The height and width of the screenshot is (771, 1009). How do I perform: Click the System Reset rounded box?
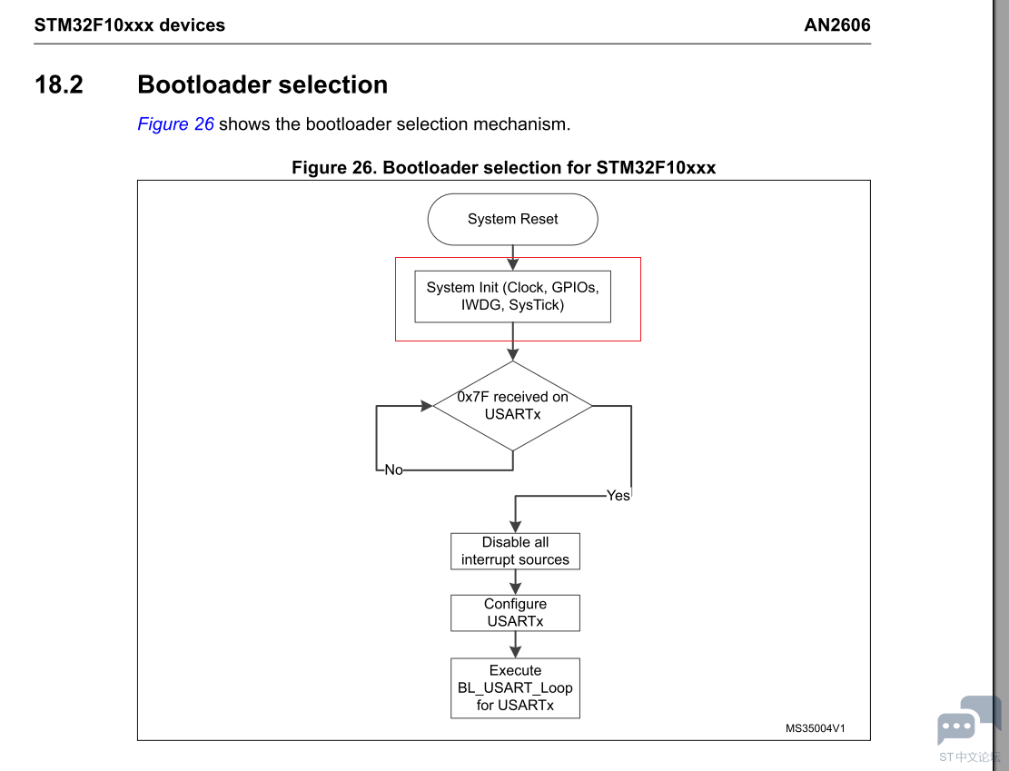512,219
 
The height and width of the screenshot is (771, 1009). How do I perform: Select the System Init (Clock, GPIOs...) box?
512,296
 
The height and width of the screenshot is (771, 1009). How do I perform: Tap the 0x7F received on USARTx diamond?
512,405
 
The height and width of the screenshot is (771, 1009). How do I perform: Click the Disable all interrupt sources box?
515,551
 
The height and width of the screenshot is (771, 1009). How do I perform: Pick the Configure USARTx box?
515,613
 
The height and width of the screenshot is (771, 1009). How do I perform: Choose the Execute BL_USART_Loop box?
515,687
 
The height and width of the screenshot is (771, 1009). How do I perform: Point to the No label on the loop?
393,470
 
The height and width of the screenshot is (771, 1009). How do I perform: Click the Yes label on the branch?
618,496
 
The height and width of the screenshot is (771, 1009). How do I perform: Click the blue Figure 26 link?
175,124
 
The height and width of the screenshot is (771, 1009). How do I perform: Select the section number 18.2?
59,84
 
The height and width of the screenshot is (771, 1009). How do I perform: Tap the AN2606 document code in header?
836,25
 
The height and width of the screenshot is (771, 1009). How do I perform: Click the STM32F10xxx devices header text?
130,25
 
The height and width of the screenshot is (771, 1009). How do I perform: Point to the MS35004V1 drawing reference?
815,727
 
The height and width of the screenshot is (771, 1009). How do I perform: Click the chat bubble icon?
958,726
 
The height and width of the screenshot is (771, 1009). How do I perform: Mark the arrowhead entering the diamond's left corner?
426,406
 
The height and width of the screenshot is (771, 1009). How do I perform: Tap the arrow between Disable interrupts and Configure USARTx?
516,582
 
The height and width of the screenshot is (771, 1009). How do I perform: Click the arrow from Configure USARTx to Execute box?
516,645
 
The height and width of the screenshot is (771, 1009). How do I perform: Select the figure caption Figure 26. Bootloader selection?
503,168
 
